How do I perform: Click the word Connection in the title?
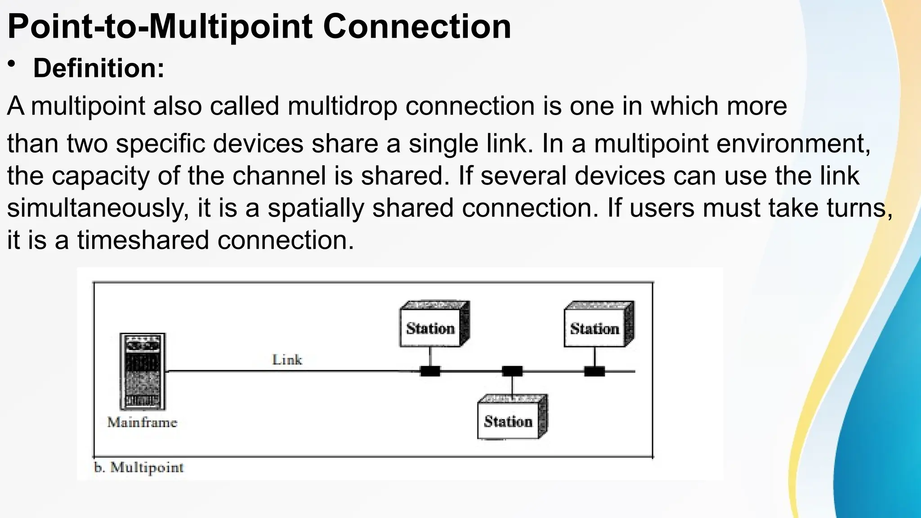417,27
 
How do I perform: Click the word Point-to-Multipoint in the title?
160,27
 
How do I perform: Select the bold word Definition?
98,68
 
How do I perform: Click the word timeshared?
143,240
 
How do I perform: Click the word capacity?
100,176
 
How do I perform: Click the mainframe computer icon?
143,371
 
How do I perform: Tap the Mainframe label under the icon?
142,422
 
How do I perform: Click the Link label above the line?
287,360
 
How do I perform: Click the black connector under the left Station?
430,371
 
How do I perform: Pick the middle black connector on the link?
512,371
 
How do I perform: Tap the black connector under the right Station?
595,371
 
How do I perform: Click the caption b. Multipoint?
139,468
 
